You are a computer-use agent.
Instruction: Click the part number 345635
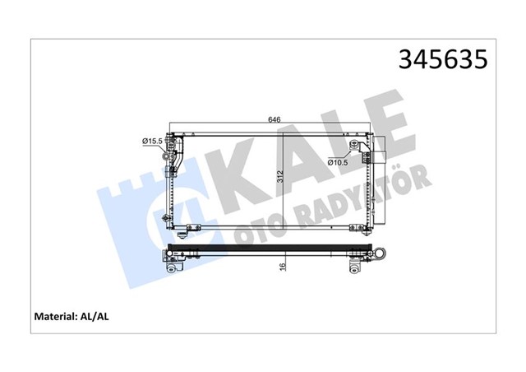pyautogui.click(x=442, y=59)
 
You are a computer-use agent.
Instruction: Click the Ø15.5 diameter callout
pyautogui.click(x=152, y=142)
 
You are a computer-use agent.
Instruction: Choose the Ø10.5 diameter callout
pyautogui.click(x=338, y=161)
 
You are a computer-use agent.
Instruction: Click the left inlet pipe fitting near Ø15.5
pyautogui.click(x=173, y=152)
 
